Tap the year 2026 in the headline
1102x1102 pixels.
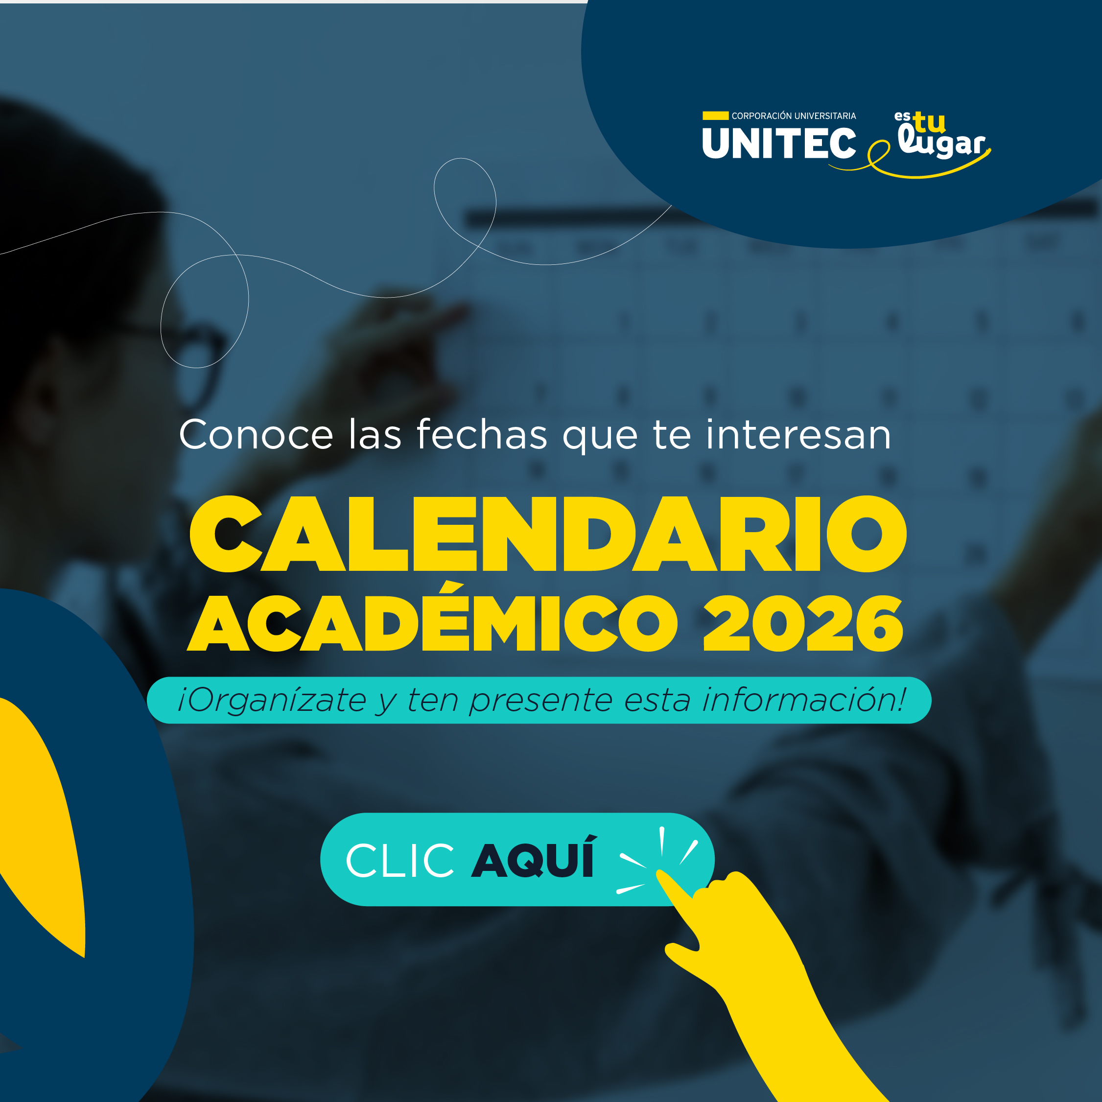click(803, 623)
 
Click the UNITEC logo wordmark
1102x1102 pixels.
click(779, 142)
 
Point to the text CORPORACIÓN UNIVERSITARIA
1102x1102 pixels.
click(794, 116)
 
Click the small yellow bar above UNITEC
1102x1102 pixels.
click(715, 116)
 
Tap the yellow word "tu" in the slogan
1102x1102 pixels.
click(929, 122)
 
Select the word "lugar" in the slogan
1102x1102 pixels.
click(942, 142)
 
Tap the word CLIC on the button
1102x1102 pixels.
click(400, 860)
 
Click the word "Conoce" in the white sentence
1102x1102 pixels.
click(256, 435)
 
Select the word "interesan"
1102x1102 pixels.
click(798, 435)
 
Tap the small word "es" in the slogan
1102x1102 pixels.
click(902, 117)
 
